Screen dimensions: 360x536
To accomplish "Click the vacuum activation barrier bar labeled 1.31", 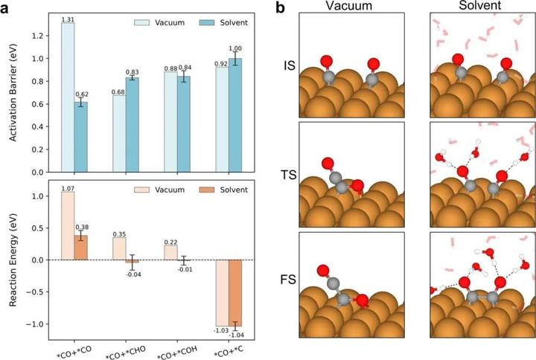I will click(x=67, y=97).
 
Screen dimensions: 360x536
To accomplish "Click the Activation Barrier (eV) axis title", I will click(x=12, y=91).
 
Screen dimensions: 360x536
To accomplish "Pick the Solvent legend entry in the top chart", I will click(x=221, y=23).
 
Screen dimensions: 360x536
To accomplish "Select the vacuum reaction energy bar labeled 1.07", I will click(x=67, y=225).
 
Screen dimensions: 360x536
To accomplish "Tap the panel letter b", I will click(x=280, y=7).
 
